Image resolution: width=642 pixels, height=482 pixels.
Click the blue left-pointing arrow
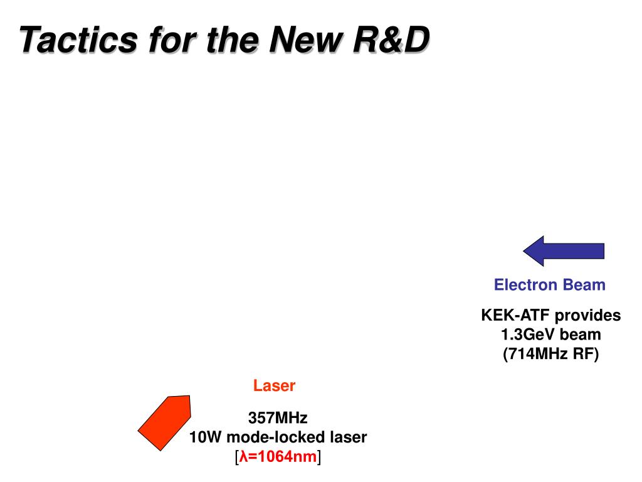564,251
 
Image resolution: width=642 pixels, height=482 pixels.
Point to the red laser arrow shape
164,422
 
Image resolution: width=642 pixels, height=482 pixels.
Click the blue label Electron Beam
549,285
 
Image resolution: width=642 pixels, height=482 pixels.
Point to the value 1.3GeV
530,335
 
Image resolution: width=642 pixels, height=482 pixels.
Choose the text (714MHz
534,355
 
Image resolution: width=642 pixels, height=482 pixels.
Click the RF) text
586,355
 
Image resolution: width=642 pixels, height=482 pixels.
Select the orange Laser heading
274,386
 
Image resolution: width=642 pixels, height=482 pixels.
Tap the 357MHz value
278,418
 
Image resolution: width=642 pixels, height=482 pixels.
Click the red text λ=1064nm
278,457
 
